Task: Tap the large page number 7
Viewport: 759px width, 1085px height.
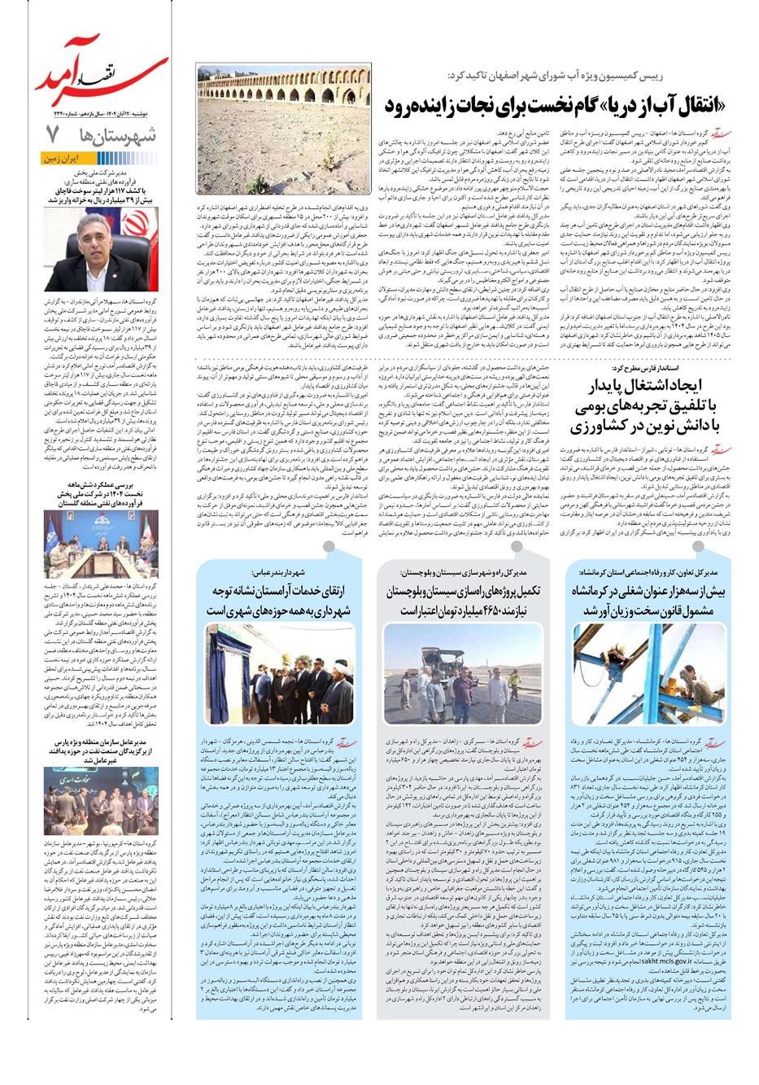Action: coord(53,133)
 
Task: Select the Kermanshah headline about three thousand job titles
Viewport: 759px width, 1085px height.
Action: coord(647,600)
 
